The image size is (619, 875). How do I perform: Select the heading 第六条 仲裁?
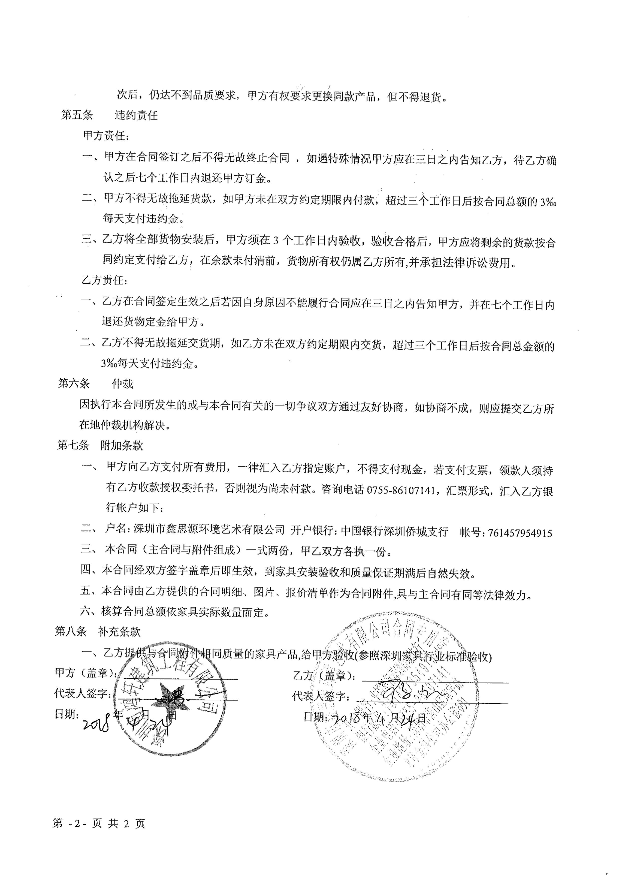pyautogui.click(x=95, y=383)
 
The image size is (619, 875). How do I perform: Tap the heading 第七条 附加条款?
pyautogui.click(x=100, y=445)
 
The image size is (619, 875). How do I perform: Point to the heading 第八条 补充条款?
pyautogui.click(x=98, y=632)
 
